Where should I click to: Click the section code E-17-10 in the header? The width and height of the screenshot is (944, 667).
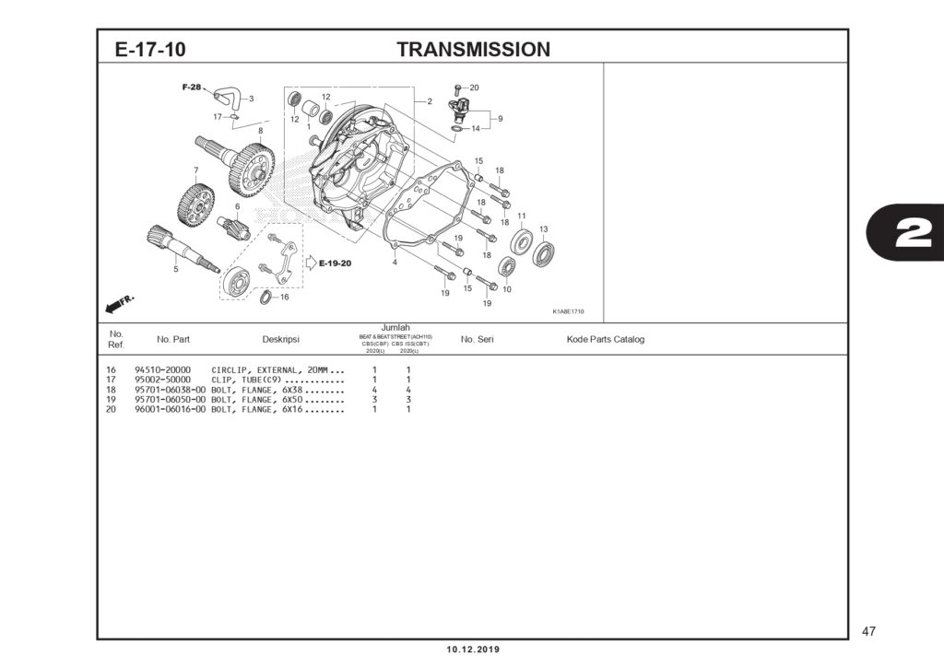[x=150, y=50]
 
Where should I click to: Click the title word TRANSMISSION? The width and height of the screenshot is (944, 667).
[x=473, y=50]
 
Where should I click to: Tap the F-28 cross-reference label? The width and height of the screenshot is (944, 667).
[x=191, y=87]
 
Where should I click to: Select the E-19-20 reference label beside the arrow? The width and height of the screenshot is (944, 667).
[x=335, y=263]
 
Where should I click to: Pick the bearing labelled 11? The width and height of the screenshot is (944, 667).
[x=522, y=244]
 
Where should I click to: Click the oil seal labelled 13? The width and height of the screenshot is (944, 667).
[x=544, y=253]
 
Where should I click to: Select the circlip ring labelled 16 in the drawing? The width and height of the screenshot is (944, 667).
[x=265, y=297]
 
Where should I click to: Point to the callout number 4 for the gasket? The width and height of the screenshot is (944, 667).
[x=394, y=263]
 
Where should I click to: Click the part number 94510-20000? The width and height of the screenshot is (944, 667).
[x=163, y=369]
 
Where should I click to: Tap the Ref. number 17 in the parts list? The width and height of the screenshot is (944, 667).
[x=111, y=380]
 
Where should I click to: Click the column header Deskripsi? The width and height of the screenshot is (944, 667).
[x=280, y=339]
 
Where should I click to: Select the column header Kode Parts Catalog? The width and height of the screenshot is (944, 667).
[x=605, y=339]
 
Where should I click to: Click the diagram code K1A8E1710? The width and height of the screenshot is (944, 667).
[x=568, y=311]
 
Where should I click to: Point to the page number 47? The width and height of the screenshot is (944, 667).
[x=868, y=631]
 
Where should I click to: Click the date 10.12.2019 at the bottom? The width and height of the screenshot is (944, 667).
[x=473, y=649]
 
